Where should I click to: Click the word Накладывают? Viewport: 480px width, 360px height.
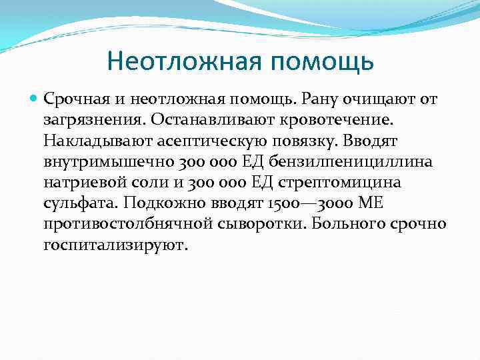click(95, 142)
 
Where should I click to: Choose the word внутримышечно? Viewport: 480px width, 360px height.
click(103, 163)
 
